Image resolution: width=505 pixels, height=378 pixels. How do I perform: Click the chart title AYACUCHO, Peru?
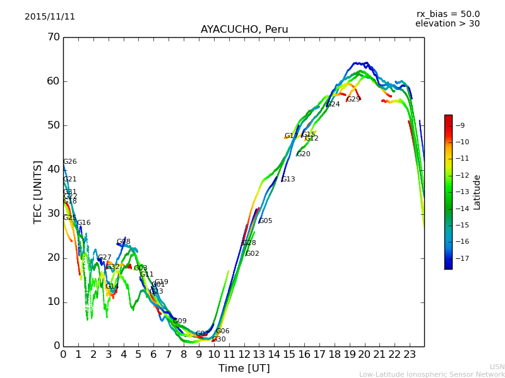coord(244,30)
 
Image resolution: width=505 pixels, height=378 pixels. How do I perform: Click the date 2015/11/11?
coord(50,16)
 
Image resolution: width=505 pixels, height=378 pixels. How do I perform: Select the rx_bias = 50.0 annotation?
coord(448,14)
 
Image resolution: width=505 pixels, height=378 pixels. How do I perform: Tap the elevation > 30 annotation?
coord(448,24)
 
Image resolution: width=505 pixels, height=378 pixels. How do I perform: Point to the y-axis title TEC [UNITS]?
coord(38,192)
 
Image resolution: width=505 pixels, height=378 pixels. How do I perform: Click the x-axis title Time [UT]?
coord(244,369)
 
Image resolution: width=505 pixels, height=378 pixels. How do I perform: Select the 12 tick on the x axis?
coord(244,354)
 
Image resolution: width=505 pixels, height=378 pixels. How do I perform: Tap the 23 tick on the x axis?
coord(409,354)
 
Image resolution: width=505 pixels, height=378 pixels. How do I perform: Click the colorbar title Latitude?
coord(477,192)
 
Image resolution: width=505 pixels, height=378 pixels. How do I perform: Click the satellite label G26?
coord(69,162)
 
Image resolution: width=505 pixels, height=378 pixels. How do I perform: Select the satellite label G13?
coord(288,180)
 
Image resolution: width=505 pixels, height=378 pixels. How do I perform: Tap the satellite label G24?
coord(333,105)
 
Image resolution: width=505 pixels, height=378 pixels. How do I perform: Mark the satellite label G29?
coord(353,100)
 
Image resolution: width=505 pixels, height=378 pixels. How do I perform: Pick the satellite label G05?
coord(266,221)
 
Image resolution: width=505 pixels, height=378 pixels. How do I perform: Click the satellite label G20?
coord(303,154)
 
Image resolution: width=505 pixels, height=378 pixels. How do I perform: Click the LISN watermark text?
coord(497,367)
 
